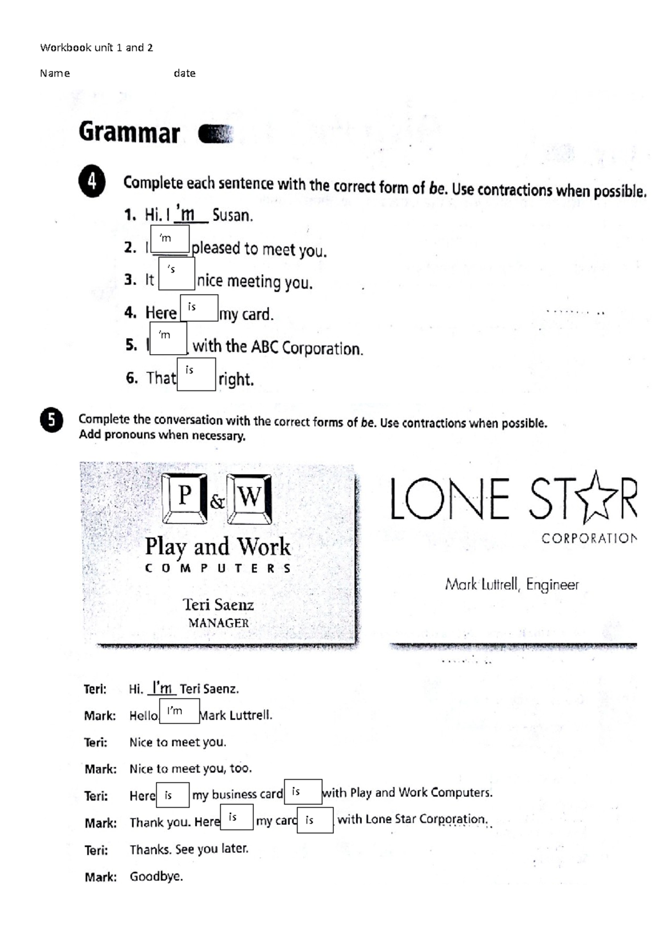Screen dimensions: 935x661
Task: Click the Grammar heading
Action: pos(129,133)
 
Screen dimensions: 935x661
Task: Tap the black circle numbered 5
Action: pos(51,421)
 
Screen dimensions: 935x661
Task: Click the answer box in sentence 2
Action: pos(170,240)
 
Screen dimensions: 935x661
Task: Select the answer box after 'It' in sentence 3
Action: pos(176,274)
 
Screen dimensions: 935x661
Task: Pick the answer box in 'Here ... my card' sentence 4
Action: pos(198,308)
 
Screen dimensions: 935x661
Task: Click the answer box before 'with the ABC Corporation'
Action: pos(168,338)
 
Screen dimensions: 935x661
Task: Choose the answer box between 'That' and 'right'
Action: pos(196,374)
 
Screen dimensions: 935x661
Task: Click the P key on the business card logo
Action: pos(185,497)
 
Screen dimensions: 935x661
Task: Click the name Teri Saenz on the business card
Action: pos(218,605)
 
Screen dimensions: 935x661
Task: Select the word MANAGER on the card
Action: pos(218,623)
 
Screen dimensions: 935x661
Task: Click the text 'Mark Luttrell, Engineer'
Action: pos(512,584)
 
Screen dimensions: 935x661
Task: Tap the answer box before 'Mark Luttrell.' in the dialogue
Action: pos(179,711)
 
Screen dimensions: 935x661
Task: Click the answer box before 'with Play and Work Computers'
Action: pos(303,792)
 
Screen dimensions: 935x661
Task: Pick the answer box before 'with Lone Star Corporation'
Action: pos(315,820)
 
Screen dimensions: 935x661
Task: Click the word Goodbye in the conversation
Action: pos(156,876)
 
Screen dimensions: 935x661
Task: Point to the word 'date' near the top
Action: pos(185,73)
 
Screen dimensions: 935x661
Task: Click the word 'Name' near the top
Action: pos(55,73)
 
